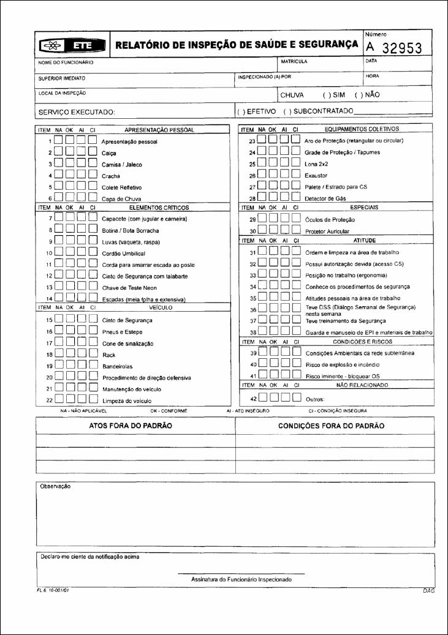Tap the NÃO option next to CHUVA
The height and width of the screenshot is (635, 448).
[x=368, y=96]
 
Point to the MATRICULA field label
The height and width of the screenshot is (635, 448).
[x=294, y=62]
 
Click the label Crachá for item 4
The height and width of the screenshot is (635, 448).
[x=111, y=176]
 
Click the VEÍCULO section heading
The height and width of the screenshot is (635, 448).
[x=160, y=307]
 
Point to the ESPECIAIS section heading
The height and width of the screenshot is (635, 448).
[x=364, y=208]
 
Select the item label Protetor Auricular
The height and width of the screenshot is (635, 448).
[x=330, y=232]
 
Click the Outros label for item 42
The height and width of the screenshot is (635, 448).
[x=315, y=399]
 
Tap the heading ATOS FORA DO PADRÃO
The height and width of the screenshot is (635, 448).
[x=131, y=426]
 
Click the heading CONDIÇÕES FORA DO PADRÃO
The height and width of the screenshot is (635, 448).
[x=331, y=426]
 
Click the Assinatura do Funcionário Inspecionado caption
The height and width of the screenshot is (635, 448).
[x=241, y=579]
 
